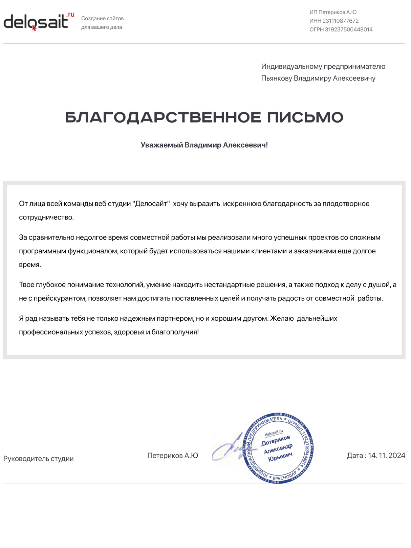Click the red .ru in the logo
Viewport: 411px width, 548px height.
70,15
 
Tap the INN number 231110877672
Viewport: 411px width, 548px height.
340,21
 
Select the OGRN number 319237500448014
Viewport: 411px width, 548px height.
349,30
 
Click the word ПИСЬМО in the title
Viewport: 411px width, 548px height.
305,118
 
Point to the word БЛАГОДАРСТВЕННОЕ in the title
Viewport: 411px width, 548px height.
163,118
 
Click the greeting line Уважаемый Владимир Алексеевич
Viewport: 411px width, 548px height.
204,145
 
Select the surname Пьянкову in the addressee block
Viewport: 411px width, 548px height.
276,79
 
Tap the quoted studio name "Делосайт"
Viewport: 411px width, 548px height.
151,204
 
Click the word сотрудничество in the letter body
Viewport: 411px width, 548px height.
46,217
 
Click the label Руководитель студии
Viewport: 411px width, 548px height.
38,459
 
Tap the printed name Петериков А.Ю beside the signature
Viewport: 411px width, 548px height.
173,456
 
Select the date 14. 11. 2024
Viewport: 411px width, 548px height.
386,456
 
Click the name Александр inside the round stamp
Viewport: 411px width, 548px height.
278,449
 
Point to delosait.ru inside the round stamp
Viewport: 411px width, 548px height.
274,433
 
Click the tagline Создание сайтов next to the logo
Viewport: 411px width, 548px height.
102,19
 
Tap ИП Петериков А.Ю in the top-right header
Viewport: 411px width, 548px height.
333,12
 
